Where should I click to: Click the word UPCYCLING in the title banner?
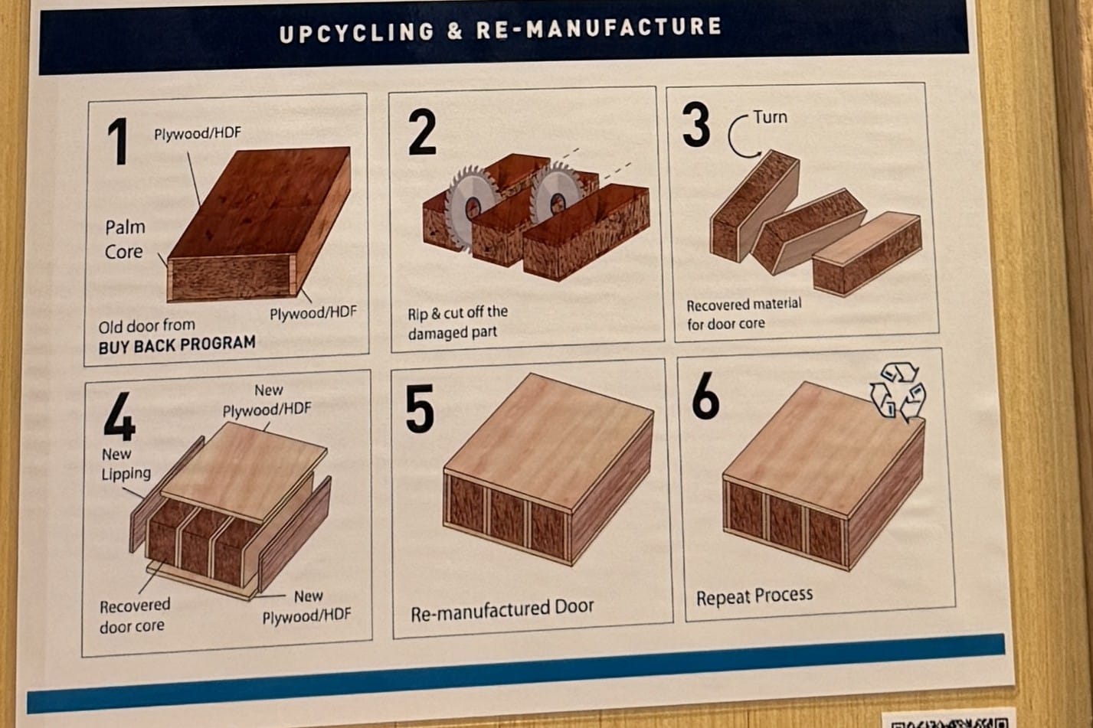[356, 32]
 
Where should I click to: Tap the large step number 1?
[119, 142]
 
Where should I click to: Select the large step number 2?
[421, 132]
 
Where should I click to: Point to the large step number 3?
[695, 124]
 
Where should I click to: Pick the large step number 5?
[420, 409]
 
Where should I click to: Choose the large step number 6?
[705, 396]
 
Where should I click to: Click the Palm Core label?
[125, 240]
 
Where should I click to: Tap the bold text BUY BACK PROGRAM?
[177, 344]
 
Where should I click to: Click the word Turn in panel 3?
[770, 117]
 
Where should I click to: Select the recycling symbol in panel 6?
[898, 391]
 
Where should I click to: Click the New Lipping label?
[126, 464]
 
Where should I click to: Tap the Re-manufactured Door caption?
[502, 609]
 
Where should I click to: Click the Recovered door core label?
[135, 615]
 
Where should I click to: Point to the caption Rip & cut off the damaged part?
[457, 322]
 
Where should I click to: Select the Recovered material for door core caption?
[744, 314]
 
